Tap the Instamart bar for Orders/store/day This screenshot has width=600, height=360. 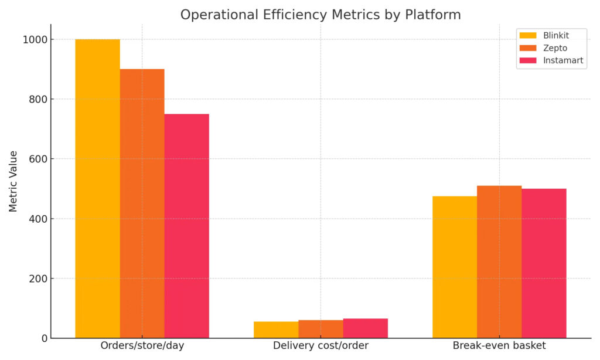click(186, 226)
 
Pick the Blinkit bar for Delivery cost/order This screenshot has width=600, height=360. click(276, 330)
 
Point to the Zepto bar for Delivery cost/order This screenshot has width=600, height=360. click(321, 330)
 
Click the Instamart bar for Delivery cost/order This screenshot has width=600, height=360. click(365, 328)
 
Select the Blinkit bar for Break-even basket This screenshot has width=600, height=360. click(455, 267)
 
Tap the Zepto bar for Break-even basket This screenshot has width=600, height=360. click(499, 261)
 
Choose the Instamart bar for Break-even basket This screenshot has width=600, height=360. click(544, 263)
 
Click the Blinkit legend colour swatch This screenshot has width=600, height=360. click(528, 36)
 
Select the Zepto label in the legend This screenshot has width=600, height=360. click(555, 48)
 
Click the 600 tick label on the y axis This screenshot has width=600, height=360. click(38, 159)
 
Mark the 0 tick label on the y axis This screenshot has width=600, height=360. click(44, 338)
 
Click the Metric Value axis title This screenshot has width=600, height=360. click(13, 181)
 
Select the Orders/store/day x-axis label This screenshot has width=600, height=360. click(142, 346)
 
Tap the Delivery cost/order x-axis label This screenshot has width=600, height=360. click(321, 346)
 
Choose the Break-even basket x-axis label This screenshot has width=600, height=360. click(499, 346)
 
